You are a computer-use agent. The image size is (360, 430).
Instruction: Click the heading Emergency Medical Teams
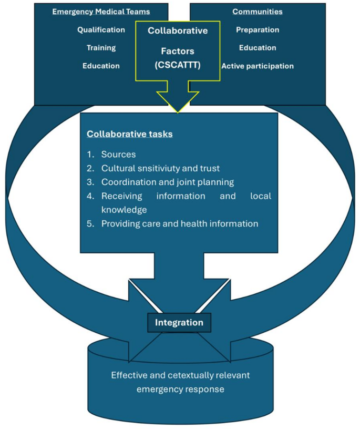click(x=101, y=12)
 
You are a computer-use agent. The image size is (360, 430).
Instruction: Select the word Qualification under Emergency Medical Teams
click(x=101, y=30)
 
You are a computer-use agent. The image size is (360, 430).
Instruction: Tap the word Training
click(x=101, y=48)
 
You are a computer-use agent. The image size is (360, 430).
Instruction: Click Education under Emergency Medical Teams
click(x=101, y=66)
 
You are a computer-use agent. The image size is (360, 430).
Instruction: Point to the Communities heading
click(x=258, y=12)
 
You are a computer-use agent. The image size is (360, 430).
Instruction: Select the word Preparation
click(x=258, y=30)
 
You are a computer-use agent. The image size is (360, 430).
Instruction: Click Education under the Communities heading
click(x=258, y=48)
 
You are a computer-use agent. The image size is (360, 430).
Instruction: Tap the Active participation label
click(x=258, y=66)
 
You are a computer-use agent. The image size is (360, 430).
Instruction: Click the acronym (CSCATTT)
click(x=178, y=66)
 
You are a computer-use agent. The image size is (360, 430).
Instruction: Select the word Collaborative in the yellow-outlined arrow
click(x=178, y=30)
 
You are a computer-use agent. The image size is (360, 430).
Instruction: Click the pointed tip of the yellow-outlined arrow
click(x=178, y=110)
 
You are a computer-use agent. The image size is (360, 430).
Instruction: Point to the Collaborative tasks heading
click(x=130, y=134)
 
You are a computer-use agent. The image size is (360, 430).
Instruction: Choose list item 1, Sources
click(x=118, y=155)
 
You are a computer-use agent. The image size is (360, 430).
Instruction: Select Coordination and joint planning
click(x=167, y=182)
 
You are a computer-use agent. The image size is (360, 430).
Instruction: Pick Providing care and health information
click(x=179, y=223)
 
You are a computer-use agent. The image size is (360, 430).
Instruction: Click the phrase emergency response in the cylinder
click(x=180, y=389)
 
